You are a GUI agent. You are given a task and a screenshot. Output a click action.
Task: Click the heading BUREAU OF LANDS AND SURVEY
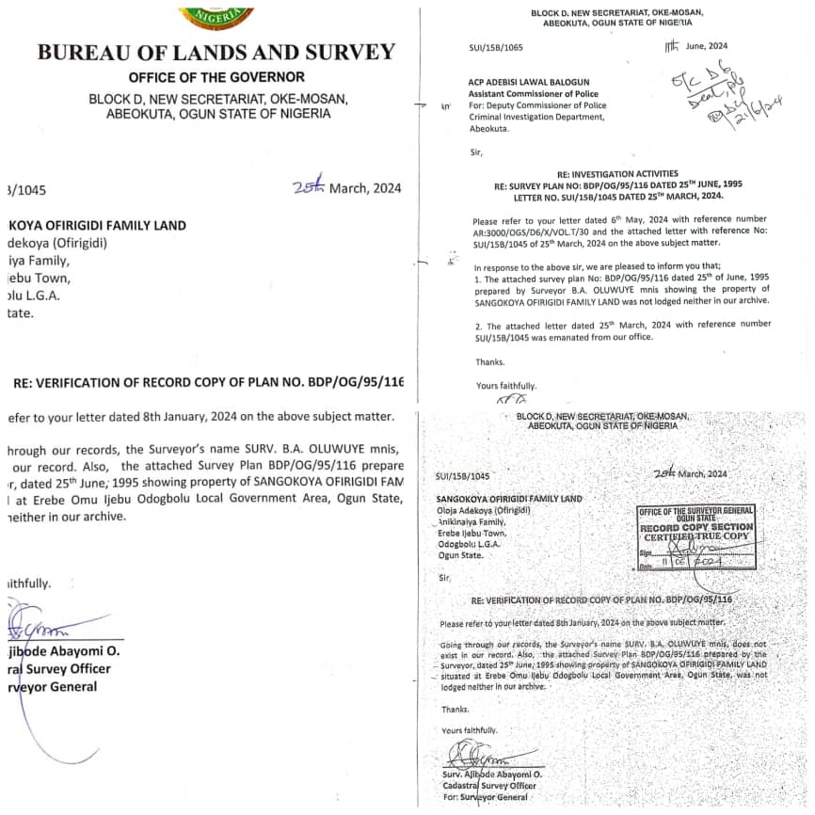(216, 52)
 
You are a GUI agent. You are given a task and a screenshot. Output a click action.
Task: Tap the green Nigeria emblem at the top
(216, 14)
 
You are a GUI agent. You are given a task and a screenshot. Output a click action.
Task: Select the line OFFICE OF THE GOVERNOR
(216, 77)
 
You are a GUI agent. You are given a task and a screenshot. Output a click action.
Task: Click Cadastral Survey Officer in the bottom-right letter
(488, 786)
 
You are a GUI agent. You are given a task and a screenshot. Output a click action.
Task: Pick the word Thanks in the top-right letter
(489, 361)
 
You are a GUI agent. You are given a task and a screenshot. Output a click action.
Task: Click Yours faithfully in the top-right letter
(507, 385)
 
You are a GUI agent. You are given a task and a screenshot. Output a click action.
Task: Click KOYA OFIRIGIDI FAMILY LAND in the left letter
(98, 225)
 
